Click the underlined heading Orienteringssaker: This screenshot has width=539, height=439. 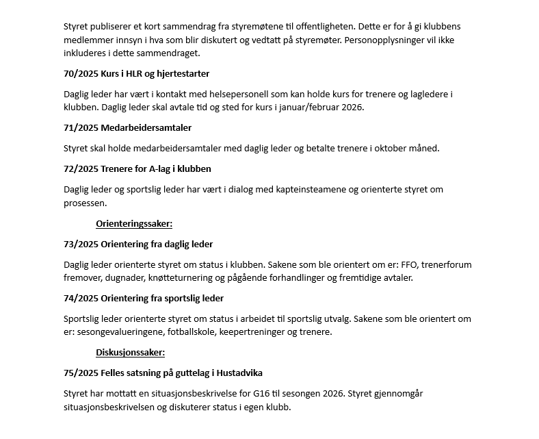pos(134,223)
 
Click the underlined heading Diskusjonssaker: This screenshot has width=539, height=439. pos(131,353)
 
